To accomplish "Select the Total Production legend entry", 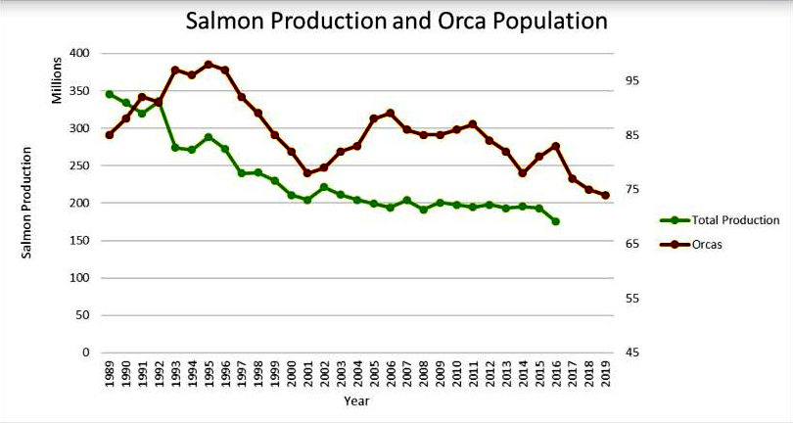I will [734, 220].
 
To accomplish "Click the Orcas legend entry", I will [707, 245].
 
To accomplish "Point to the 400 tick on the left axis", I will [79, 53].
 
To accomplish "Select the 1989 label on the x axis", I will [109, 374].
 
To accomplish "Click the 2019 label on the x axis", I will [606, 374].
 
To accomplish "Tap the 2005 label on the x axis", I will [374, 374].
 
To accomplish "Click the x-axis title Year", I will [356, 400].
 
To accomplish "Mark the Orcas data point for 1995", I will [208, 65].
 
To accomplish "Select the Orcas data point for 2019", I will [605, 195].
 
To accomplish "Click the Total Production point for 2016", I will [555, 221].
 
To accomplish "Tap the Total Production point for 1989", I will [109, 94].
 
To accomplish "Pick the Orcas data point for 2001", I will [307, 173].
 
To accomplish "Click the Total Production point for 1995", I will [208, 137].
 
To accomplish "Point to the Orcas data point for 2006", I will [390, 113].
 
